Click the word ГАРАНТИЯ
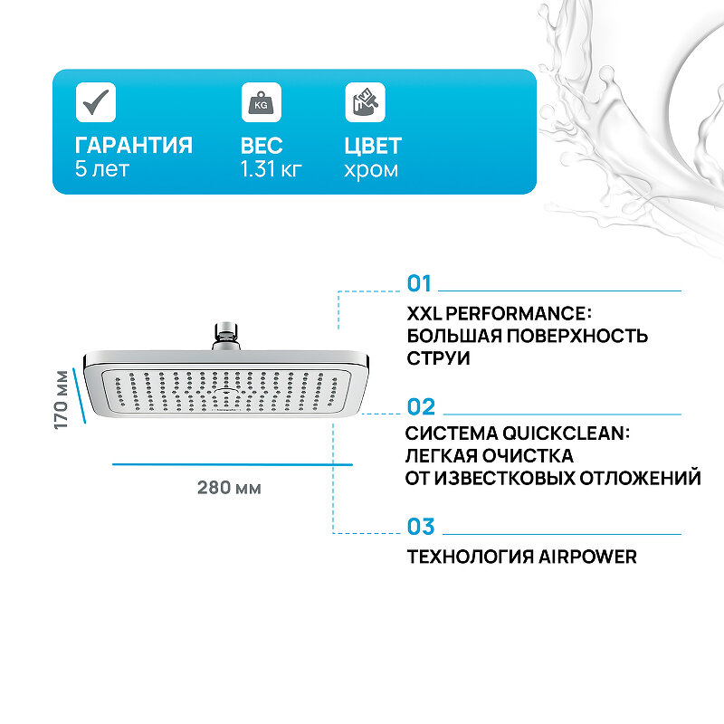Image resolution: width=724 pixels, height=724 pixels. tap(134, 146)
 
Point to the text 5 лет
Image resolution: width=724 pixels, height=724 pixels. tap(102, 169)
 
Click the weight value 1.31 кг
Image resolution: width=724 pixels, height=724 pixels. tap(271, 169)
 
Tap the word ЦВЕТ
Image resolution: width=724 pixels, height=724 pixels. tap(373, 146)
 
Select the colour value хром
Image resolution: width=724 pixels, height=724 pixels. tap(371, 169)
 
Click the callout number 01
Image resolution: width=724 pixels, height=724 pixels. tap(420, 284)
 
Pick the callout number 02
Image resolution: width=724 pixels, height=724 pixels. tap(421, 407)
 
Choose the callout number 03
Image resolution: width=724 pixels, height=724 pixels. tap(421, 527)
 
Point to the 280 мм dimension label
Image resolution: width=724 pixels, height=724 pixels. tap(229, 488)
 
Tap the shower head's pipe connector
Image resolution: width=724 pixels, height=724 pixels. tap(224, 335)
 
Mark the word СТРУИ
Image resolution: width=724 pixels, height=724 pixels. tap(439, 358)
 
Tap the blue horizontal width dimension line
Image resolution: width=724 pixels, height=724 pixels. tap(232, 464)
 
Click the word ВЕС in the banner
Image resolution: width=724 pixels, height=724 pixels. tap(262, 146)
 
